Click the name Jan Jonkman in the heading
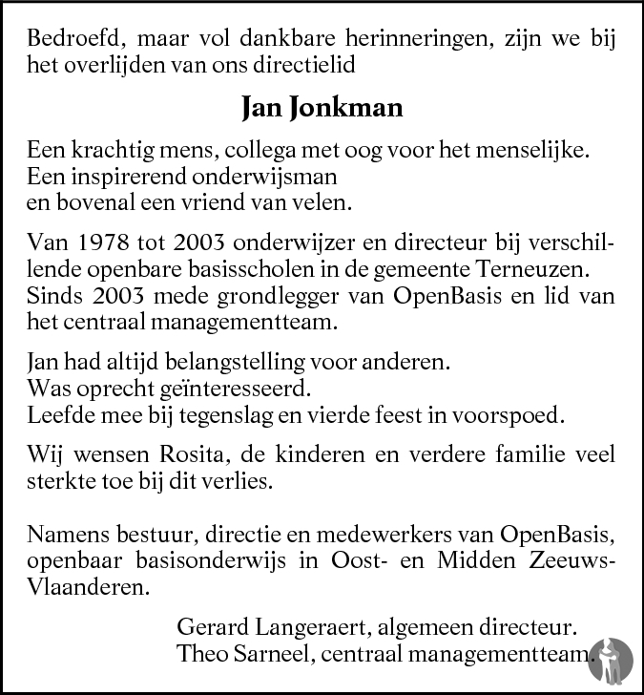pyautogui.click(x=322, y=107)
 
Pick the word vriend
pyautogui.click(x=224, y=202)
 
